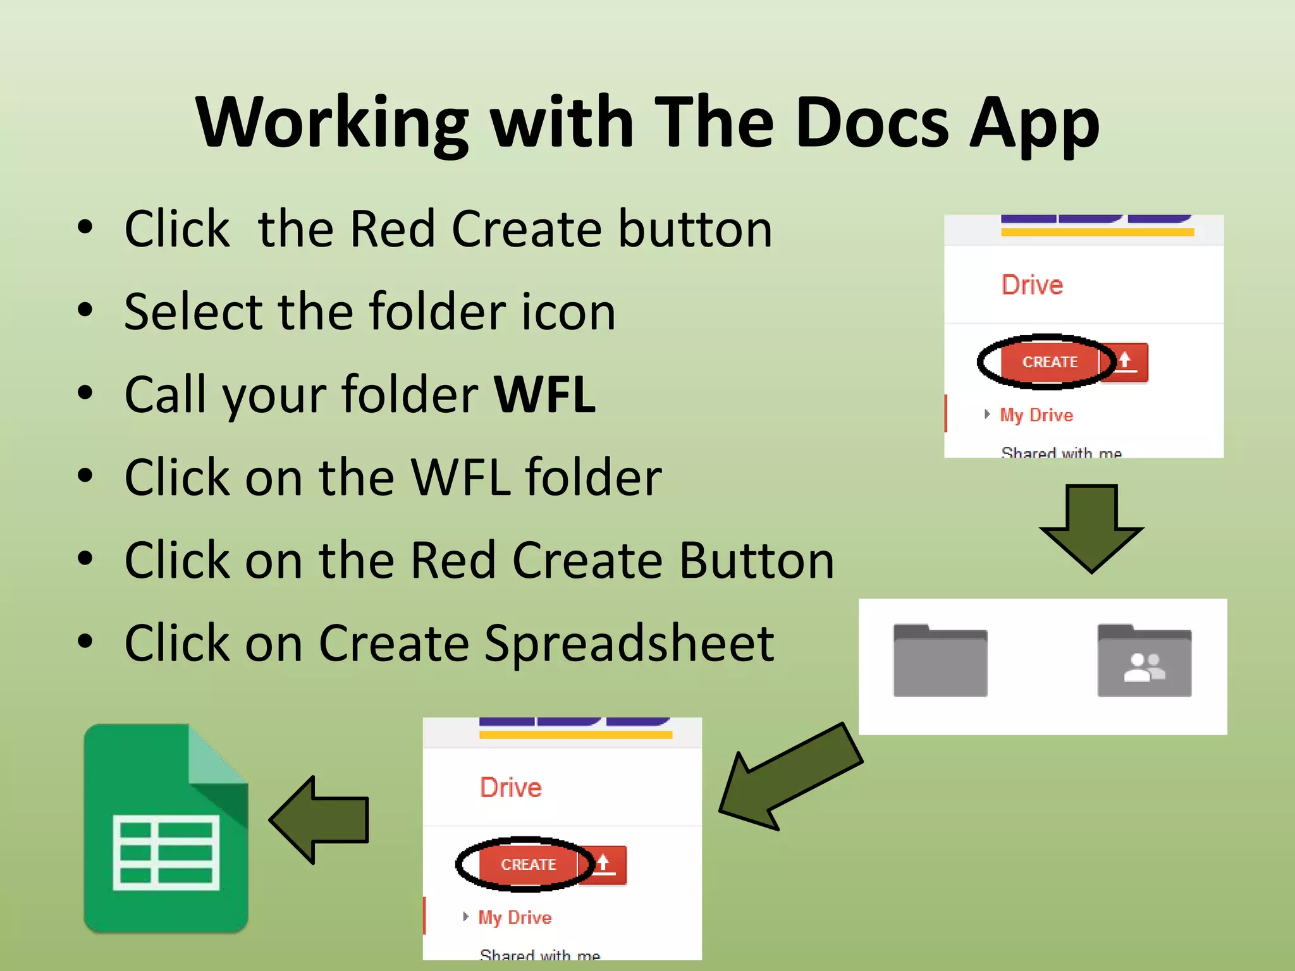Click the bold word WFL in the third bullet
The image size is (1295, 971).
click(544, 394)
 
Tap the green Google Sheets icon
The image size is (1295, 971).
click(166, 829)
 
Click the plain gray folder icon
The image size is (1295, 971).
click(940, 661)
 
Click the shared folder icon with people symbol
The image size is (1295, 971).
click(1144, 661)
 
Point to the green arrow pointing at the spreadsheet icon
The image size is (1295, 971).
click(320, 820)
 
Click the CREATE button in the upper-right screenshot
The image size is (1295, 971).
click(1050, 362)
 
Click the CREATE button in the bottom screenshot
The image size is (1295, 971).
click(528, 865)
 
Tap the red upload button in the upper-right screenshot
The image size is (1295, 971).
click(1125, 362)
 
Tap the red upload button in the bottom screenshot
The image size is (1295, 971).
click(603, 865)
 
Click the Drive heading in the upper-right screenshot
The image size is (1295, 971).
click(1032, 285)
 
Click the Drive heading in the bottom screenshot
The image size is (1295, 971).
click(510, 788)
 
